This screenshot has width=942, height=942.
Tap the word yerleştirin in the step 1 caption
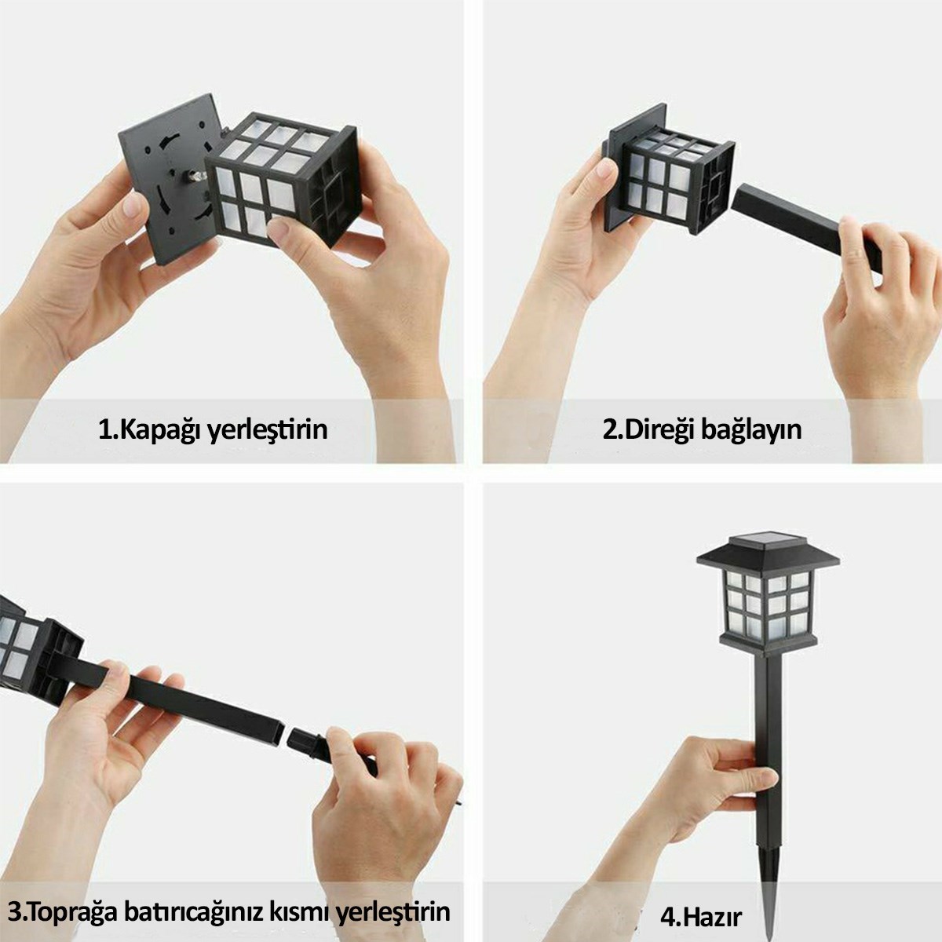pyautogui.click(x=268, y=430)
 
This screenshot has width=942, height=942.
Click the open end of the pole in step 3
pyautogui.click(x=276, y=734)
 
